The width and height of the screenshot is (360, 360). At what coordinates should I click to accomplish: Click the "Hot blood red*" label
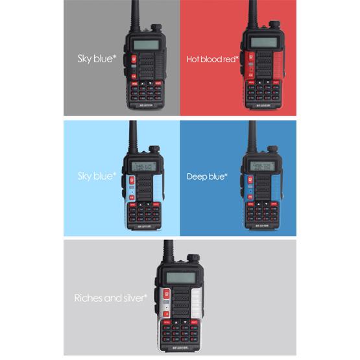pos(212,59)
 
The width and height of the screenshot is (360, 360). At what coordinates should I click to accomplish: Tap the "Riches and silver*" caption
pos(111,298)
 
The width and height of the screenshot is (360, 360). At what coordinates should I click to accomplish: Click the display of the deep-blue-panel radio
pos(260,168)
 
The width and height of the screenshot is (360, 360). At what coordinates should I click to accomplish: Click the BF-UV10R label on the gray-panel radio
pos(146,104)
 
